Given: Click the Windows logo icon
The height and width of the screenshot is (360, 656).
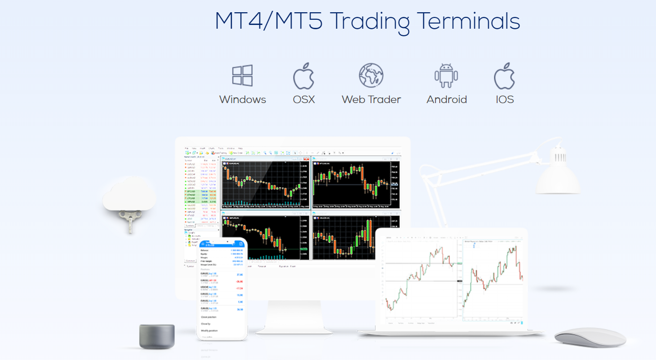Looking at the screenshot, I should (242, 75).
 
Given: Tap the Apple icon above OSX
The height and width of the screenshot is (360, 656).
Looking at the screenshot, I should (303, 76).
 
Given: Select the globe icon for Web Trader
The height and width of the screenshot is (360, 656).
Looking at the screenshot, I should (371, 75).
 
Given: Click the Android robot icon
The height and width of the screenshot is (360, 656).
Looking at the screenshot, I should (446, 76).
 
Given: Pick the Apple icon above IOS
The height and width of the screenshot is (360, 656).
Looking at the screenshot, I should (504, 76).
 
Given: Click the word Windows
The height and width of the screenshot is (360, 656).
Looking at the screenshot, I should (242, 100).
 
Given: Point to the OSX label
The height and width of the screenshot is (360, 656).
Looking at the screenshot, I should (303, 100).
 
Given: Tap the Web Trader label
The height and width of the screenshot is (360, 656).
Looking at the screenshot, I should (371, 100).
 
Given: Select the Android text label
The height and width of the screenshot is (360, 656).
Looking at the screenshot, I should (446, 100).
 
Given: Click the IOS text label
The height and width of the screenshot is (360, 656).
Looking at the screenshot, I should (505, 100).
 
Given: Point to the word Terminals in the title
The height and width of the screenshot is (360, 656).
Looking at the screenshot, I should (468, 21).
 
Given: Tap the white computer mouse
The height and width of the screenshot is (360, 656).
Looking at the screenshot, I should (590, 337).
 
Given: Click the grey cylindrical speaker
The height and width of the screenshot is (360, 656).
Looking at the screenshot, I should (157, 336).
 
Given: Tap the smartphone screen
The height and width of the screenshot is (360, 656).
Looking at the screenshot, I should (222, 287).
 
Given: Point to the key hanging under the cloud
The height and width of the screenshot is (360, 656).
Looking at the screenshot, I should (127, 221).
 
